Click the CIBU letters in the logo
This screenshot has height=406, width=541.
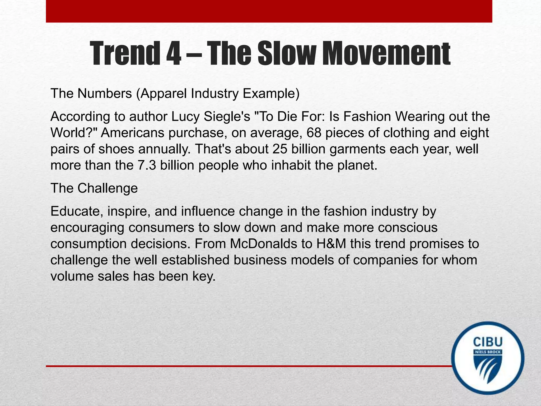click(488, 342)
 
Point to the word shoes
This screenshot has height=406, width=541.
click(116, 149)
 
